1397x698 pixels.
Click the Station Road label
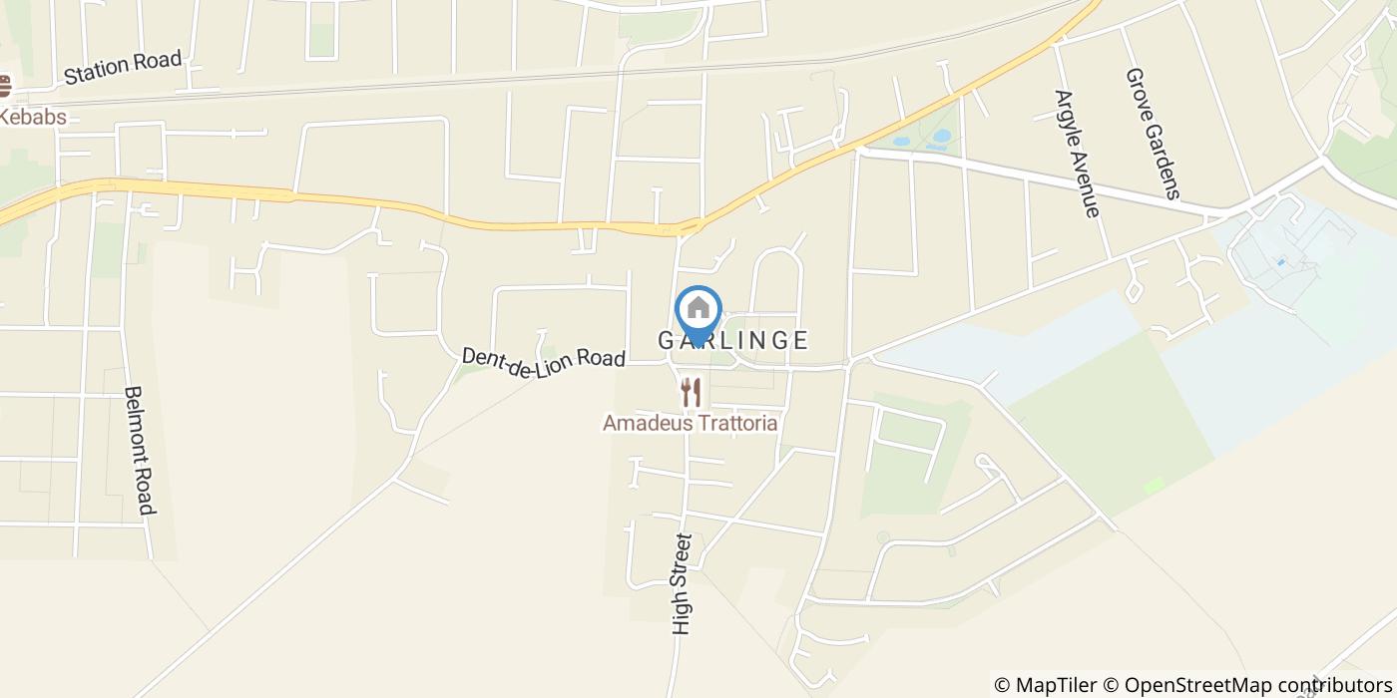click(123, 67)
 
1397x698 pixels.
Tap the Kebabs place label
click(33, 117)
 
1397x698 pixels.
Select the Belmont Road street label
click(139, 451)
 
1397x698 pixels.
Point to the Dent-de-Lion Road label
click(543, 356)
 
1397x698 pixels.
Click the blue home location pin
click(698, 313)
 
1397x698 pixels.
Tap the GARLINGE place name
click(733, 340)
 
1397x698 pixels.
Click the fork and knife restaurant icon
click(691, 392)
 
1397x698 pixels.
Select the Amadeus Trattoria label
click(691, 423)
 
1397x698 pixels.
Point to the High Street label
click(683, 584)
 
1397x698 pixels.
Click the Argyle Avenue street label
click(1077, 154)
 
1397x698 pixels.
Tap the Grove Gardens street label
click(1153, 133)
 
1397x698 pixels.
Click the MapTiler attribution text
click(1055, 685)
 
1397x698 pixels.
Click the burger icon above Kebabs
click(5, 87)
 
